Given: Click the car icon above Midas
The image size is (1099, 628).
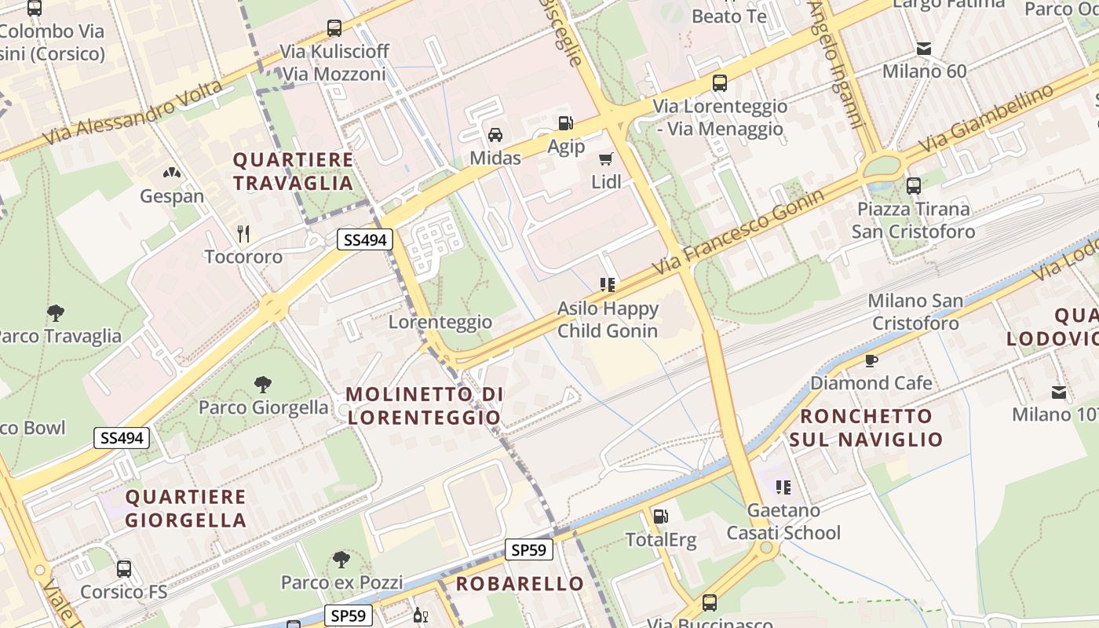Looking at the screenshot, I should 495,134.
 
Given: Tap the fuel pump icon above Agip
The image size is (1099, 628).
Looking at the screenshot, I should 565,123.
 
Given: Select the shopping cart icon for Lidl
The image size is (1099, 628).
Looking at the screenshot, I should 606,159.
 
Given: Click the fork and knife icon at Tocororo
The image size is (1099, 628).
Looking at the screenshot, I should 243,233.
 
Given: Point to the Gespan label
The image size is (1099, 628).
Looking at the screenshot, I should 172,196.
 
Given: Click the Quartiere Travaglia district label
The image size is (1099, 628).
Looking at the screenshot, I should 293,171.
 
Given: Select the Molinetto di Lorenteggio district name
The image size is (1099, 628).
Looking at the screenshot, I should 424,405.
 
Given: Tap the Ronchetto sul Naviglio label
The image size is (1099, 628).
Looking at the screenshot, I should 866,427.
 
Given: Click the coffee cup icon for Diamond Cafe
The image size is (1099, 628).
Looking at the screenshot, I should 871,360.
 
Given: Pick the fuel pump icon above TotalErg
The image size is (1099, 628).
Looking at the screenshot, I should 661,516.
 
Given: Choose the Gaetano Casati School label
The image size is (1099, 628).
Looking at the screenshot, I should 783,521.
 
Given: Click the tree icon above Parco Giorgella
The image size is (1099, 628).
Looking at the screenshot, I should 263,384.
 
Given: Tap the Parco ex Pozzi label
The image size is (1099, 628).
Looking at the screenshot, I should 341,582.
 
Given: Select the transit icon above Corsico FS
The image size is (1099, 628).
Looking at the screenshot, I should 124,569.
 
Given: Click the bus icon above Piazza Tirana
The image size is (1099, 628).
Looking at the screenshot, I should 914,186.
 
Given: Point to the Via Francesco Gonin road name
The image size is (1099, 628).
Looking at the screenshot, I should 743,232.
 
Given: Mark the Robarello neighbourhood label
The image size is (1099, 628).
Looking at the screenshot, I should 520,583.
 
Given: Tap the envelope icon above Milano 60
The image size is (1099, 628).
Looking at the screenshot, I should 925,49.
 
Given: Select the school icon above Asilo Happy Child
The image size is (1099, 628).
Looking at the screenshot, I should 607,284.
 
